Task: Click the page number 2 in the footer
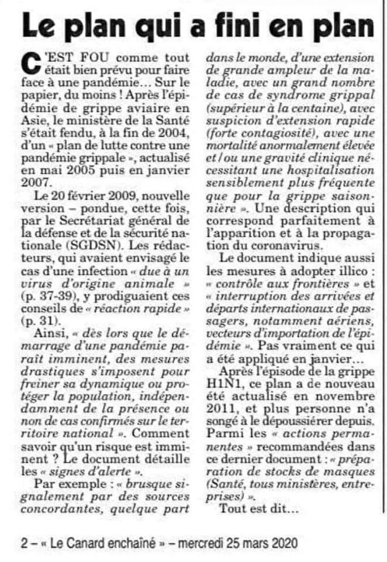24,543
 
